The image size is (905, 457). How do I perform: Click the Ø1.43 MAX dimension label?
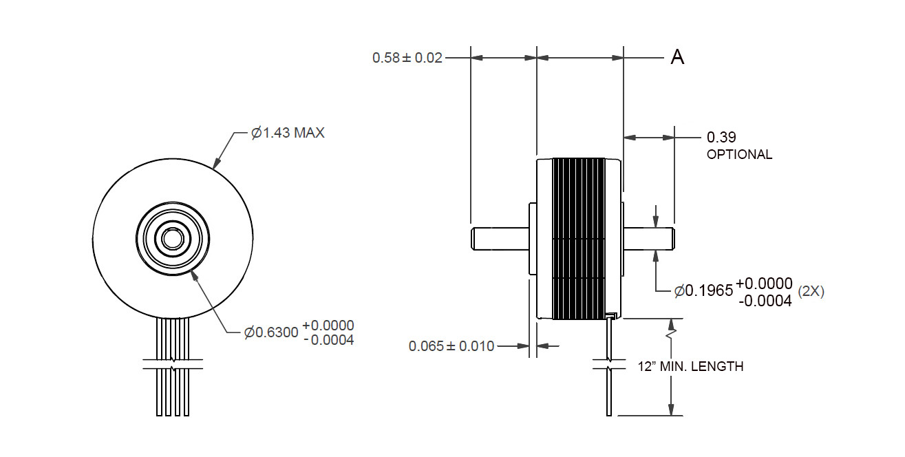click(x=288, y=133)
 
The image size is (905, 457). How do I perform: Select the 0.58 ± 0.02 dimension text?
click(x=407, y=58)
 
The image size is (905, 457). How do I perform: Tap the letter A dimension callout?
click(x=677, y=57)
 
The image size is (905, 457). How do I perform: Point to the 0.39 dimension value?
click(x=721, y=138)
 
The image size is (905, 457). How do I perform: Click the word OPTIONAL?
click(x=739, y=154)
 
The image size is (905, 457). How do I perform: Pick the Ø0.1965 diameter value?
click(x=703, y=290)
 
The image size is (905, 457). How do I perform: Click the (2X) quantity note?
click(x=811, y=291)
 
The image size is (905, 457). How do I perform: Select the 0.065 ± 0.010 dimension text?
click(x=451, y=346)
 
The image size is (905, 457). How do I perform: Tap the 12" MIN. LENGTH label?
click(x=690, y=366)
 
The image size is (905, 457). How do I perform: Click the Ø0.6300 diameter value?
click(x=271, y=332)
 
